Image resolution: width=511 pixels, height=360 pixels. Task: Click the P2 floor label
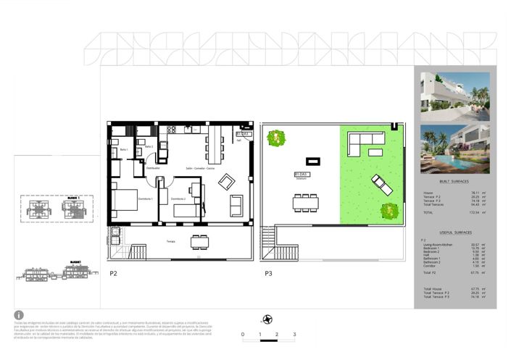pyautogui.click(x=113, y=274)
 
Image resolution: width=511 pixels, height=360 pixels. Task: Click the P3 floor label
pyautogui.click(x=268, y=274)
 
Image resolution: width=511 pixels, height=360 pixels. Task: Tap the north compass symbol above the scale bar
pyautogui.click(x=268, y=319)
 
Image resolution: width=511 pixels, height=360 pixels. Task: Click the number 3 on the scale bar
pyautogui.click(x=294, y=335)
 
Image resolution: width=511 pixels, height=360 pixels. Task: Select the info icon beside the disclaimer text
pyautogui.click(x=19, y=316)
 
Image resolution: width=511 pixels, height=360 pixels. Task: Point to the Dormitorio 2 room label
pyautogui.click(x=178, y=198)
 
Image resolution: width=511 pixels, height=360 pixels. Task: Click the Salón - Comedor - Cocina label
pyautogui.click(x=200, y=168)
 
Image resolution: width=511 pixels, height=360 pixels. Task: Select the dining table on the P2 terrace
pyautogui.click(x=199, y=241)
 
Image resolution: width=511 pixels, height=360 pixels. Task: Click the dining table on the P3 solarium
pyautogui.click(x=304, y=203)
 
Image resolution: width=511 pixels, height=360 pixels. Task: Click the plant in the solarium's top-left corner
pyautogui.click(x=275, y=137)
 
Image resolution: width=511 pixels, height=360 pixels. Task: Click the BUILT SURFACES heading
pyautogui.click(x=454, y=182)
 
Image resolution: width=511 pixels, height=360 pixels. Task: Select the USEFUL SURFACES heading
pyautogui.click(x=454, y=233)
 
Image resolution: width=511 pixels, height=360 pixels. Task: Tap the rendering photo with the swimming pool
pyautogui.click(x=454, y=150)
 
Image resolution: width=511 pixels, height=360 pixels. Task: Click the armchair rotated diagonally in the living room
pyautogui.click(x=227, y=180)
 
